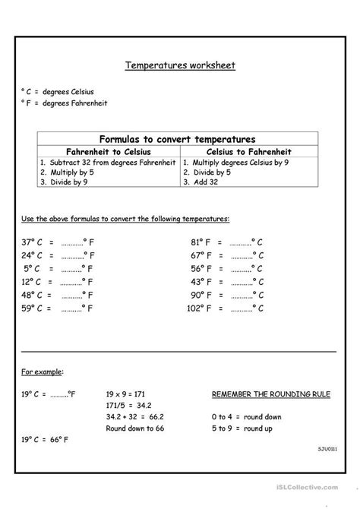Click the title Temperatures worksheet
tap(180, 65)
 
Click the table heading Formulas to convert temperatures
tap(180, 138)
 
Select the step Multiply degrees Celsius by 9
tap(241, 162)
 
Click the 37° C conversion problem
tap(58, 243)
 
